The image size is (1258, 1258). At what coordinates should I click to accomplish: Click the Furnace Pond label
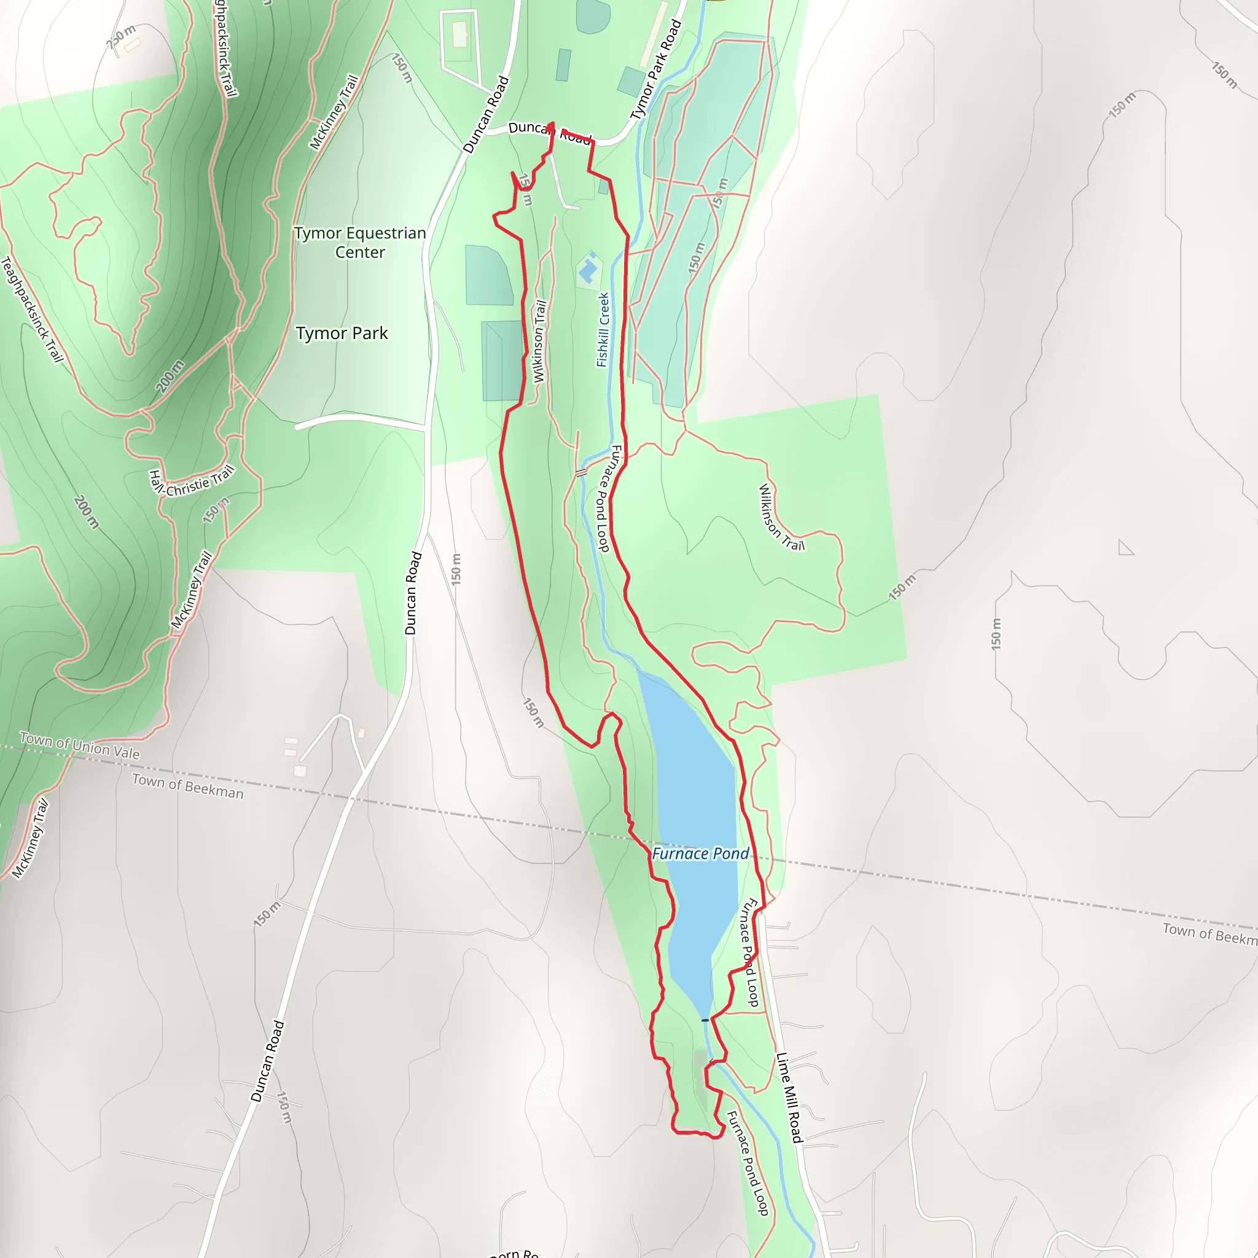pyautogui.click(x=700, y=854)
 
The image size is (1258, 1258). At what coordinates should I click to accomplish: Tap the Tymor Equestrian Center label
pyautogui.click(x=359, y=242)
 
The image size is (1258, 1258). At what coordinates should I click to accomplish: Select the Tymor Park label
pyautogui.click(x=342, y=334)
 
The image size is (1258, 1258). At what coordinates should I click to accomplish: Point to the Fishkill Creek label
pyautogui.click(x=603, y=329)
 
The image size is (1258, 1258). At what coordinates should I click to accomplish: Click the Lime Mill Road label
pyautogui.click(x=789, y=1097)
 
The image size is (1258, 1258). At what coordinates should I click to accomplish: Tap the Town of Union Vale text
pyautogui.click(x=79, y=746)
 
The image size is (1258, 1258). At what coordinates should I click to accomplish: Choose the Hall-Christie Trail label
pyautogui.click(x=191, y=482)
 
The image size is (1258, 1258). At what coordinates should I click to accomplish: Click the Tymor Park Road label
pyautogui.click(x=655, y=69)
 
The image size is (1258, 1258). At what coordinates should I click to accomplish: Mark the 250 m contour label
pyautogui.click(x=120, y=37)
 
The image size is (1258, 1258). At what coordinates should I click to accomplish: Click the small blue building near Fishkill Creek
pyautogui.click(x=588, y=269)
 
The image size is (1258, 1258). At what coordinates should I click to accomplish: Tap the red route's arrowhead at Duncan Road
pyautogui.click(x=551, y=125)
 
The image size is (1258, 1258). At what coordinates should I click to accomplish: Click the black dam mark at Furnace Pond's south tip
pyautogui.click(x=705, y=1020)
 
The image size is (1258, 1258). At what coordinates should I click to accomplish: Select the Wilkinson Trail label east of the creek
pyautogui.click(x=781, y=518)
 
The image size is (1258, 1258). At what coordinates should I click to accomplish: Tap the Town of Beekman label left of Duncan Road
pyautogui.click(x=187, y=786)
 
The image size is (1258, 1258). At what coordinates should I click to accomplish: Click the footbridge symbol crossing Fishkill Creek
pyautogui.click(x=582, y=472)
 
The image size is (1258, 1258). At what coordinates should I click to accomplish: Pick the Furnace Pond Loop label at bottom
pyautogui.click(x=748, y=1163)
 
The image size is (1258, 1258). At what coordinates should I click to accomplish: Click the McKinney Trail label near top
pyautogui.click(x=334, y=112)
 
